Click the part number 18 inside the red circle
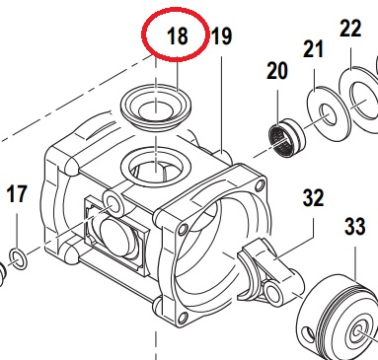178,36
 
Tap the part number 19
222,36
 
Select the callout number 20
277,71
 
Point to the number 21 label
313,49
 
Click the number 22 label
350,28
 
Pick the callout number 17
17,194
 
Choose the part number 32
313,197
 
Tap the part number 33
355,227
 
